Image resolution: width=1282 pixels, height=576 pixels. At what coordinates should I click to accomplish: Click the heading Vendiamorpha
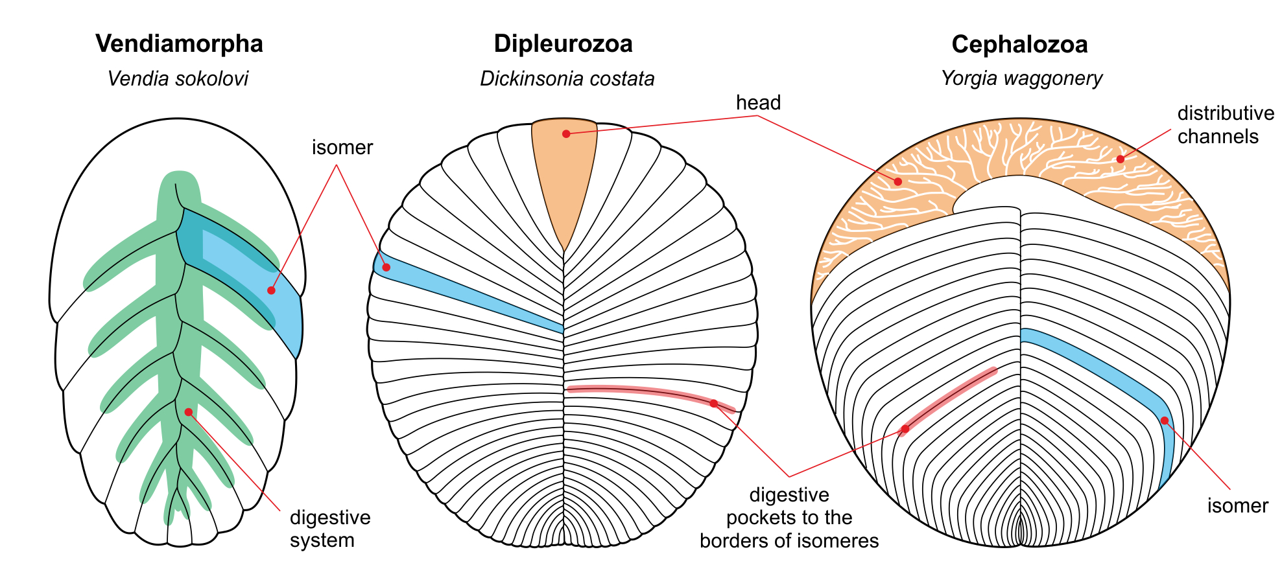(x=179, y=44)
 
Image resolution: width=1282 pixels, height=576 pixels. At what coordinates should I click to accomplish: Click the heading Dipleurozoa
(x=563, y=44)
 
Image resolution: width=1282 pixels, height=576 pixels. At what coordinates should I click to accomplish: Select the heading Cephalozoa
(x=1019, y=45)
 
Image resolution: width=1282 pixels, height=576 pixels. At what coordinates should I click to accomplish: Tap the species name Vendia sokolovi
(x=178, y=79)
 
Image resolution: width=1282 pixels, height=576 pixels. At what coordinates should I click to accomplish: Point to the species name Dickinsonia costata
(x=567, y=79)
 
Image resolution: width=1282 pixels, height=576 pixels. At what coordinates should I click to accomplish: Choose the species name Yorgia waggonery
(x=1021, y=78)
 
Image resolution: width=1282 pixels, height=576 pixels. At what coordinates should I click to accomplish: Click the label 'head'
(x=758, y=103)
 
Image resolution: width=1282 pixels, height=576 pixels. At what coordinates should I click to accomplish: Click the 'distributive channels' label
(x=1225, y=125)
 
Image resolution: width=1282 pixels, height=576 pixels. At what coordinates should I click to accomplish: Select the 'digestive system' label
(x=330, y=529)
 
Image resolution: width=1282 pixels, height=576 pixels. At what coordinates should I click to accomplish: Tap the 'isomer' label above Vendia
(x=342, y=148)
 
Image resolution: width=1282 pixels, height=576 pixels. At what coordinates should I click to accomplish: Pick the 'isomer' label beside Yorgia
(x=1237, y=506)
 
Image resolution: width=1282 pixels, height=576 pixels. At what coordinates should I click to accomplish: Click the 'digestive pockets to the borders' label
(x=789, y=518)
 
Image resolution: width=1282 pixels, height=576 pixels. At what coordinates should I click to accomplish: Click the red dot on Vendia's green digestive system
(x=188, y=412)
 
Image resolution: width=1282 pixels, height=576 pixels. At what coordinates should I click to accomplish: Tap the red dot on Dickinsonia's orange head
(x=566, y=134)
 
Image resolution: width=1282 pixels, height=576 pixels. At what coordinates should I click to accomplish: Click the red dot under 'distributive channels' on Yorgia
(x=1120, y=159)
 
